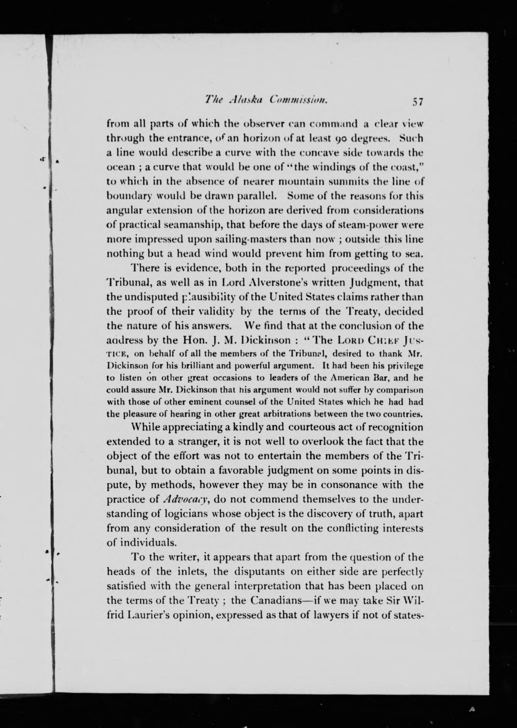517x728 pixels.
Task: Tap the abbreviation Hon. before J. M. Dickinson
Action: [x=197, y=340]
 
